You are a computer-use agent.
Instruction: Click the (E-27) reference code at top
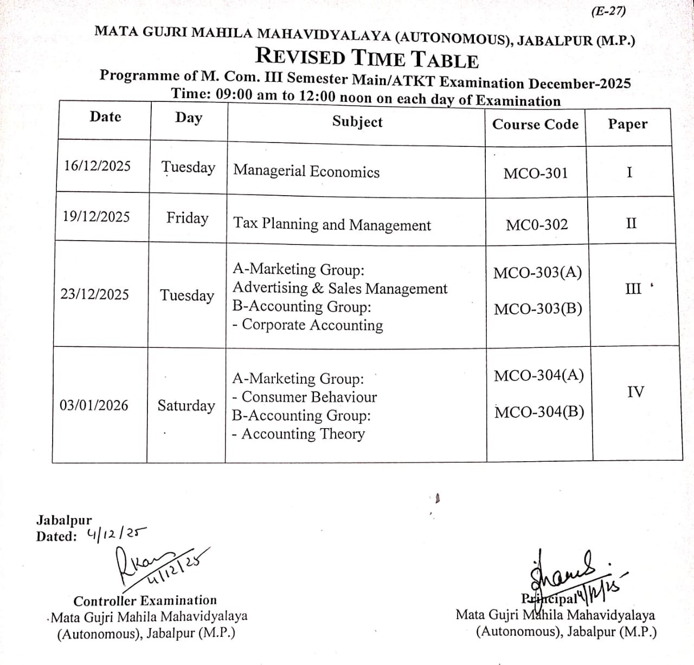click(x=608, y=11)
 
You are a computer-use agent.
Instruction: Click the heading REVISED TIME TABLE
click(x=367, y=57)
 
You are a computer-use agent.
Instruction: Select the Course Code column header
click(x=535, y=125)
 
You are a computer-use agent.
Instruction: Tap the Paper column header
click(x=627, y=124)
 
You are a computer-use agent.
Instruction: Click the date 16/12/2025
click(x=97, y=166)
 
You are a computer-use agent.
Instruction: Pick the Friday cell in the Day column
click(x=187, y=218)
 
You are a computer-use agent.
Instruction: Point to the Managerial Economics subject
click(x=306, y=171)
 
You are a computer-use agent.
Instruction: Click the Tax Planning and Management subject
click(x=332, y=224)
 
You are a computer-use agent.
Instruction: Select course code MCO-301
click(x=536, y=173)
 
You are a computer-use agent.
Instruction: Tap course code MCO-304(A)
click(x=538, y=376)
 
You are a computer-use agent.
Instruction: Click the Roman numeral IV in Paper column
click(x=635, y=392)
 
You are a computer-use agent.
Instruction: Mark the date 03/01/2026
click(x=94, y=405)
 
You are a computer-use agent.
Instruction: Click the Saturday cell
click(x=186, y=406)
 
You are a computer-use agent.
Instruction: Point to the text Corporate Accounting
click(x=312, y=325)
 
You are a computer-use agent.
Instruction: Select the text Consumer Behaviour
click(x=309, y=397)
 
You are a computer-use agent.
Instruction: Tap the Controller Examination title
click(x=145, y=601)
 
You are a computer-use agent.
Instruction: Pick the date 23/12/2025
click(x=94, y=294)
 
